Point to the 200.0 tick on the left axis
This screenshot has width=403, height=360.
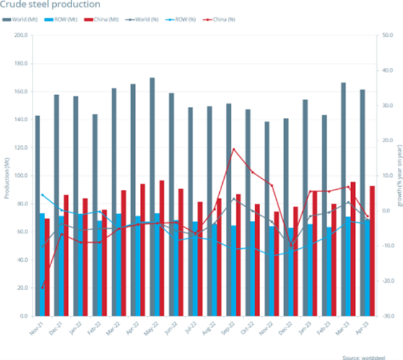coord(21,35)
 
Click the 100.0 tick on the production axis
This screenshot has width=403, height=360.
coord(21,176)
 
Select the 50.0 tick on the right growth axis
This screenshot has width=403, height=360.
coord(386,35)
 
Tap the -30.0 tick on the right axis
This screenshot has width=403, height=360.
coord(386,316)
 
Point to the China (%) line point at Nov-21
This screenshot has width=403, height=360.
coord(42,287)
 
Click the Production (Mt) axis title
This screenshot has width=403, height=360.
coord(7,176)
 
